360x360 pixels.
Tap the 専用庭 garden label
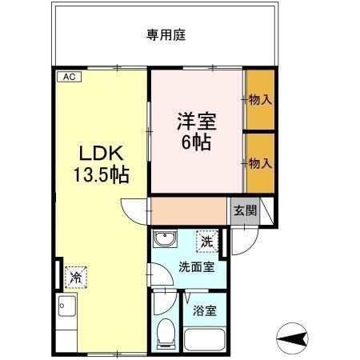click(166, 35)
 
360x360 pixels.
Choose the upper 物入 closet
click(260, 100)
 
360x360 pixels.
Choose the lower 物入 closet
click(260, 162)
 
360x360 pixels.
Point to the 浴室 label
click(206, 310)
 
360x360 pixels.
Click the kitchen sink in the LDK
click(66, 308)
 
